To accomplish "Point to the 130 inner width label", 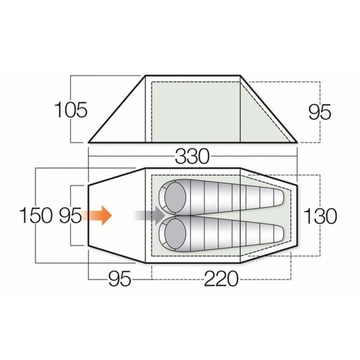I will click(320, 216).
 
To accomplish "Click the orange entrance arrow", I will click(99, 216).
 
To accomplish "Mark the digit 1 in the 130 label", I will click(308, 216).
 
